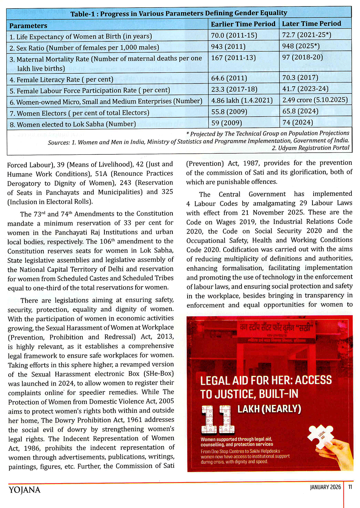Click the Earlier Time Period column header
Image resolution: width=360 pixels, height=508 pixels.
(243, 24)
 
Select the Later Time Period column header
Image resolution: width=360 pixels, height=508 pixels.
(311, 24)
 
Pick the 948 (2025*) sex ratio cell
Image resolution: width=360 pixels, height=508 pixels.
(301, 46)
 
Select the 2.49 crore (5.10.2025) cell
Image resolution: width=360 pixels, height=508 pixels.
(315, 100)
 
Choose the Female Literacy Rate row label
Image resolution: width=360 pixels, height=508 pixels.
(61, 80)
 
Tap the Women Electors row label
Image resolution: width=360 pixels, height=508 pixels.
(79, 113)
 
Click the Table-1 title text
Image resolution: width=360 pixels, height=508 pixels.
(179, 14)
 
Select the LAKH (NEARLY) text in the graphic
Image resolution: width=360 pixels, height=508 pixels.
(269, 409)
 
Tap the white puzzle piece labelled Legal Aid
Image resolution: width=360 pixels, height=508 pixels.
(320, 436)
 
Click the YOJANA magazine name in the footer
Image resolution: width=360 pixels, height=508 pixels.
(24, 490)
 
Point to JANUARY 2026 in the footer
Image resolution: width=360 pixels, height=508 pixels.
(325, 487)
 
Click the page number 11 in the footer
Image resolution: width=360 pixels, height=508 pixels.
(350, 487)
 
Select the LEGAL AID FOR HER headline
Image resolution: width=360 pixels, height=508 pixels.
(266, 387)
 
